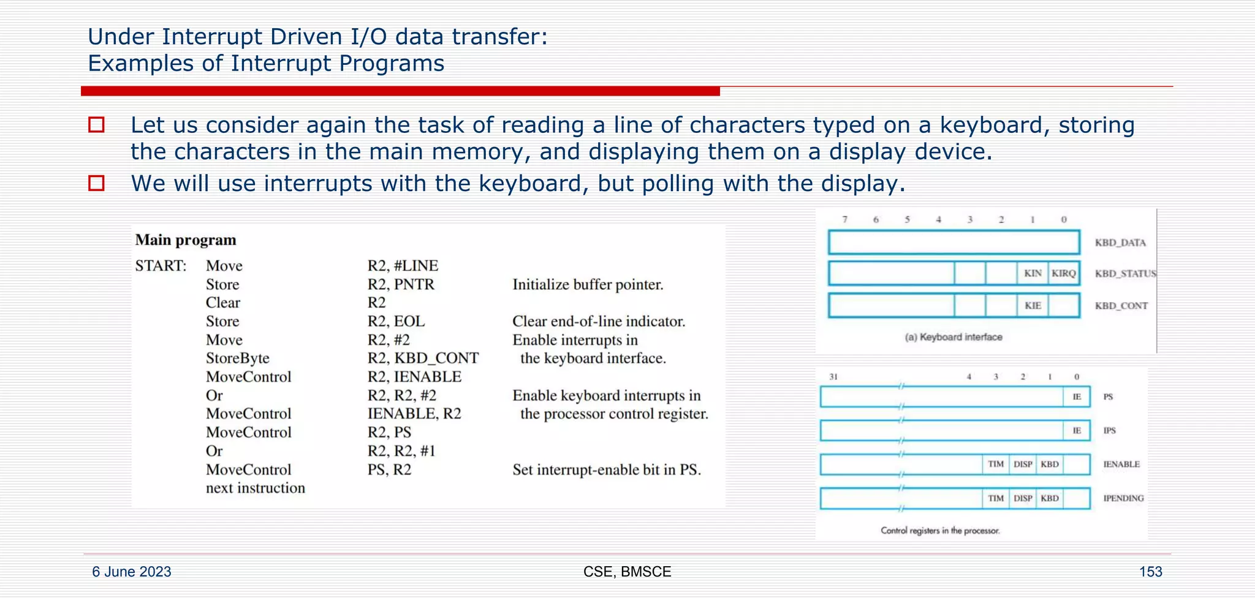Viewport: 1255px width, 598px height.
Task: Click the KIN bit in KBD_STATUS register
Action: pos(1033,273)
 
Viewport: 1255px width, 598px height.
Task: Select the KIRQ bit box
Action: pos(1064,273)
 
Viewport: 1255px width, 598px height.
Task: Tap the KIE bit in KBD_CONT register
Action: pos(1033,305)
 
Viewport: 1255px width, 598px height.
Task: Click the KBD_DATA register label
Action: pos(1120,243)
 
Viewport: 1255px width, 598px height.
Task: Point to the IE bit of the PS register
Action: pos(1077,397)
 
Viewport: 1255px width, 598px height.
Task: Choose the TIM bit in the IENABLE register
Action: pos(996,464)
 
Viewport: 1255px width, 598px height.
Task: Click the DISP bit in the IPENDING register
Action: pos(1023,499)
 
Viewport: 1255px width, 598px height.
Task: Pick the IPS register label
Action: pos(1109,431)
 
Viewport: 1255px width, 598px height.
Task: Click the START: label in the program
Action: pos(161,266)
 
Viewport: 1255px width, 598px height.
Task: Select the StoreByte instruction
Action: pos(237,358)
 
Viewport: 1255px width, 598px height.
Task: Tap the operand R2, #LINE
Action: pos(403,266)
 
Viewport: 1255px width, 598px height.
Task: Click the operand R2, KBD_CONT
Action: pos(423,358)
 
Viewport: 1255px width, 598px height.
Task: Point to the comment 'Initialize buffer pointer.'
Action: pos(588,285)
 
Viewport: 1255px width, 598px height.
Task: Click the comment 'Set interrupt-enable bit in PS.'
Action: pos(607,470)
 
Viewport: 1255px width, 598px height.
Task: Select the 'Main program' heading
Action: pos(186,240)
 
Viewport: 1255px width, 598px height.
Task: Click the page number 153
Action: pos(1150,572)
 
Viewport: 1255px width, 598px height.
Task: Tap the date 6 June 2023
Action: pos(132,572)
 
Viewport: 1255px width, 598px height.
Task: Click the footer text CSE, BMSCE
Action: pos(627,572)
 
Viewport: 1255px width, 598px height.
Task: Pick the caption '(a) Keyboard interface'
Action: pos(954,337)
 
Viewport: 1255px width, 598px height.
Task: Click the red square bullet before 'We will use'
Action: pos(97,183)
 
